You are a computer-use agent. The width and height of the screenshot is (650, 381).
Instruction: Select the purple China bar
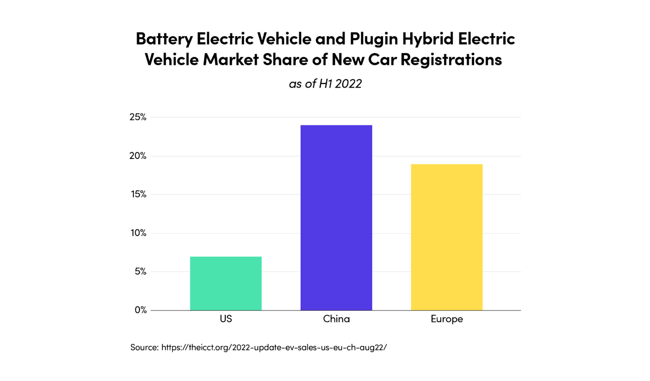pos(336,218)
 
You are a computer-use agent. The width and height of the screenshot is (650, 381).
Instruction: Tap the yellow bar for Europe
pos(447,237)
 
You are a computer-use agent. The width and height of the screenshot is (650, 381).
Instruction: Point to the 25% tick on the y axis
pos(138,117)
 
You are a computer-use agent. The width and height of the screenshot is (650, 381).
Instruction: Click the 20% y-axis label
pos(138,156)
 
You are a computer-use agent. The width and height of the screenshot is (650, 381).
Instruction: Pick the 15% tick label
pos(139,194)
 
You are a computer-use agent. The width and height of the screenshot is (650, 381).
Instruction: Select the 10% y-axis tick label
pos(138,233)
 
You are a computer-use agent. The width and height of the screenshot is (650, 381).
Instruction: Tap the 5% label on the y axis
pos(140,271)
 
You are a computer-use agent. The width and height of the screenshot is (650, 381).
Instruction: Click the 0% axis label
pos(141,310)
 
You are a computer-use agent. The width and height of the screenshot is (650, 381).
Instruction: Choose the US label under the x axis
pos(226,319)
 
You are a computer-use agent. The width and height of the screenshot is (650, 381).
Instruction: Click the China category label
pos(336,319)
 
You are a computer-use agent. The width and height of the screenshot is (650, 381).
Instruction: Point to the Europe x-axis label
pos(447,319)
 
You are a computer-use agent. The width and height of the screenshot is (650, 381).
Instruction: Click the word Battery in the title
pos(164,39)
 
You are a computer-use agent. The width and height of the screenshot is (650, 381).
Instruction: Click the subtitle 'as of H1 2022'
pos(325,83)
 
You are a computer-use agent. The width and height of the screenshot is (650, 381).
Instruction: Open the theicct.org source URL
pos(274,347)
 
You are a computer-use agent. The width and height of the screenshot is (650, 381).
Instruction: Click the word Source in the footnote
pos(144,347)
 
